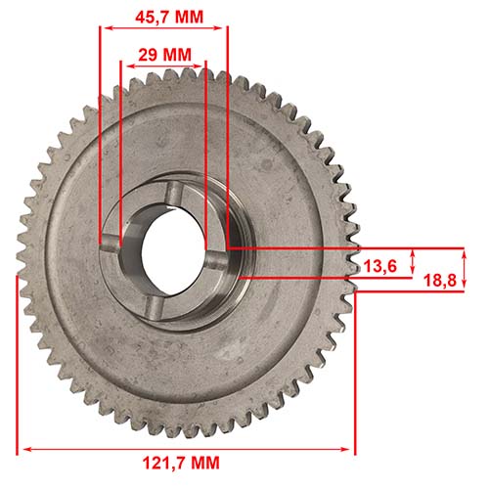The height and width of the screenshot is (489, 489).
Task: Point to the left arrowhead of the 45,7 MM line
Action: [105, 26]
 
